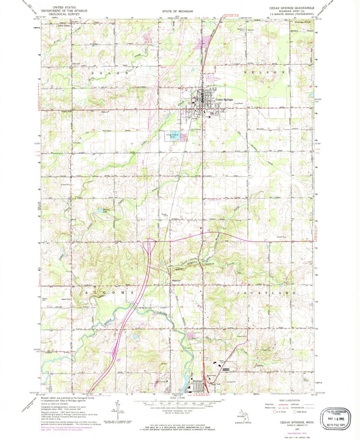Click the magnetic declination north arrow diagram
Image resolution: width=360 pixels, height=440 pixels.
[x=119, y=408]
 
